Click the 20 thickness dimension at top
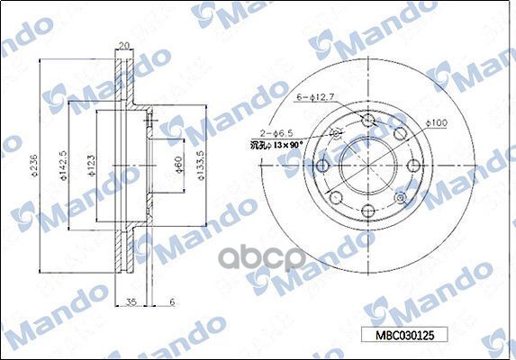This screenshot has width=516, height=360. click(x=125, y=46)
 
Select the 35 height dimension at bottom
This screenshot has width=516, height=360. click(x=131, y=301)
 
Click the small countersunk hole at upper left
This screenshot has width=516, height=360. click(x=338, y=135)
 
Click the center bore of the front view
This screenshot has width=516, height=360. click(x=368, y=166)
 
